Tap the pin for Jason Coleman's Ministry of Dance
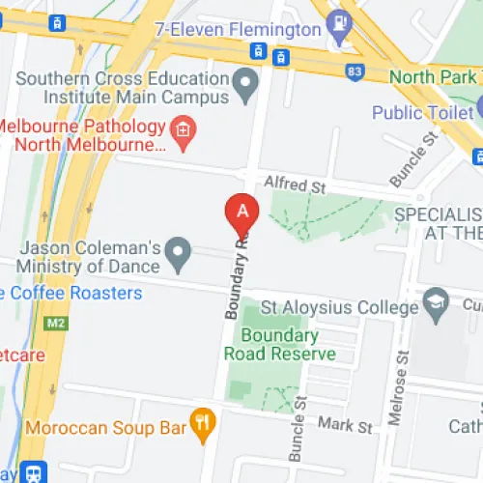tap(178, 255)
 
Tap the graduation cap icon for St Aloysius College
tap(436, 302)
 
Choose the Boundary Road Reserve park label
tap(280, 345)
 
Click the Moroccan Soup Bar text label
tap(106, 425)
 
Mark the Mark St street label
tap(345, 426)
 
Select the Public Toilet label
tap(425, 112)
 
